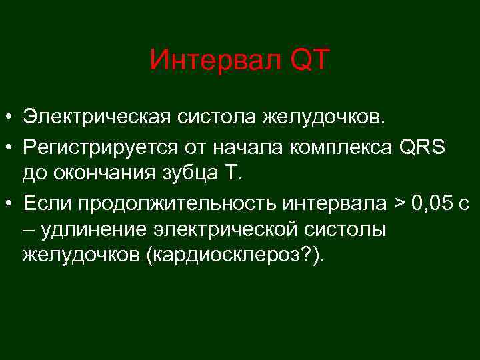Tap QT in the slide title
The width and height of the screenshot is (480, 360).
click(x=309, y=61)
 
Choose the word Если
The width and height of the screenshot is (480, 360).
click(x=44, y=202)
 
